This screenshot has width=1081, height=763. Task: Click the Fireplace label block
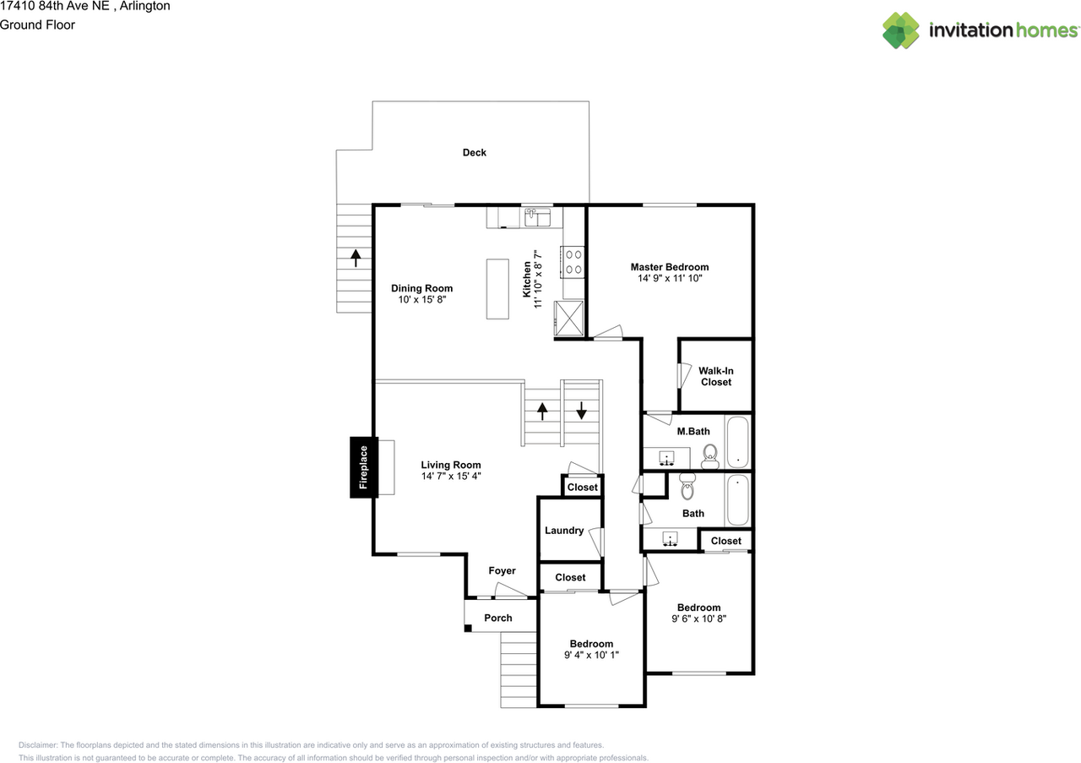pos(364,467)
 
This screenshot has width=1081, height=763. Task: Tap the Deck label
pos(474,153)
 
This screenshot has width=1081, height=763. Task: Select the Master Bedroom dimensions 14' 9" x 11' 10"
pos(669,278)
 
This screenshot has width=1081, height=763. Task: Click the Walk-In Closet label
pos(715,376)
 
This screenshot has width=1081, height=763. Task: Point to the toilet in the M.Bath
pos(710,456)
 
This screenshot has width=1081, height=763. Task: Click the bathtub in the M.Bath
pos(739,441)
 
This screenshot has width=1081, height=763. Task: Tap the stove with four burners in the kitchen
pos(574,260)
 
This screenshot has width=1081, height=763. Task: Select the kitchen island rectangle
pos(498,289)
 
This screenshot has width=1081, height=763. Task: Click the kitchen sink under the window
pos(537,218)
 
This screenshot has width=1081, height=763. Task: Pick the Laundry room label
pos(564,531)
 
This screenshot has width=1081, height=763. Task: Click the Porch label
pos(498,618)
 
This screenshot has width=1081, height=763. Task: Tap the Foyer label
pos(502,571)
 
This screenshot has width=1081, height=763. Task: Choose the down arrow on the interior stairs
pos(581,411)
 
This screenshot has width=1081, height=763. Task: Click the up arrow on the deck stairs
pos(356,257)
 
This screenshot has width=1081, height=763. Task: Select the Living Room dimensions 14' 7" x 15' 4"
pos(451,476)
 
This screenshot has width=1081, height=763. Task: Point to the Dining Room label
pos(421,288)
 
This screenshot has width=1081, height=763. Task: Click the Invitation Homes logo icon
pos(900,30)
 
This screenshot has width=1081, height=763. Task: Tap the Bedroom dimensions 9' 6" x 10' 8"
pos(698,619)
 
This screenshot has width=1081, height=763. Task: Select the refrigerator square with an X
pos(568,318)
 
